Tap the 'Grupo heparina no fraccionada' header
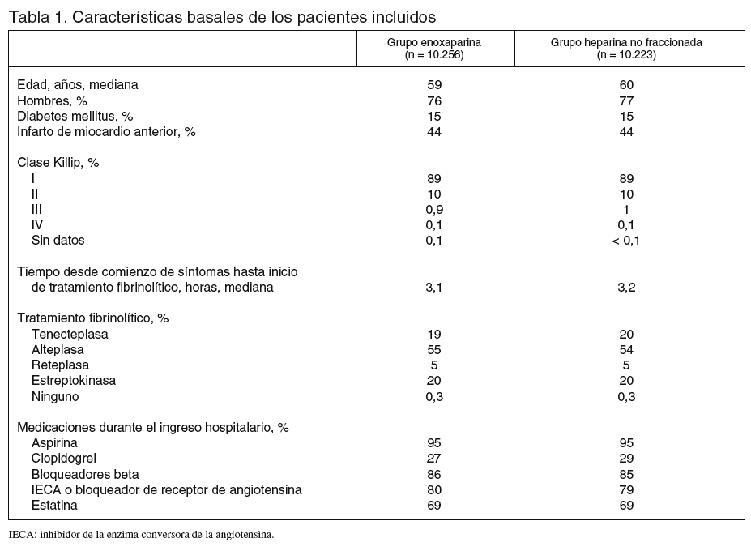(x=625, y=49)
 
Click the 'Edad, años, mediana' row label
(x=78, y=85)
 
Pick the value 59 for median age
(x=433, y=85)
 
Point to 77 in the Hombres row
(x=625, y=100)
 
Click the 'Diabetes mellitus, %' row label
(x=75, y=116)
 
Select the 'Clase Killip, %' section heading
(x=58, y=163)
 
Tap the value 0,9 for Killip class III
(x=433, y=209)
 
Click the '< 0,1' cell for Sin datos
(x=625, y=241)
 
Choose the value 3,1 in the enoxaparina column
(x=433, y=287)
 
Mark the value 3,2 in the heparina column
(x=625, y=287)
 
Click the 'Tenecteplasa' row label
(x=70, y=334)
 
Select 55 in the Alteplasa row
(x=433, y=349)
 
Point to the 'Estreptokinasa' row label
(x=74, y=381)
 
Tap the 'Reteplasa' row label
(x=60, y=365)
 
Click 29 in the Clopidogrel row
(x=625, y=459)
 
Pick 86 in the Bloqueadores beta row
(x=433, y=474)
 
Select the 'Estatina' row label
(x=54, y=506)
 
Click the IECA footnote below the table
(x=142, y=535)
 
